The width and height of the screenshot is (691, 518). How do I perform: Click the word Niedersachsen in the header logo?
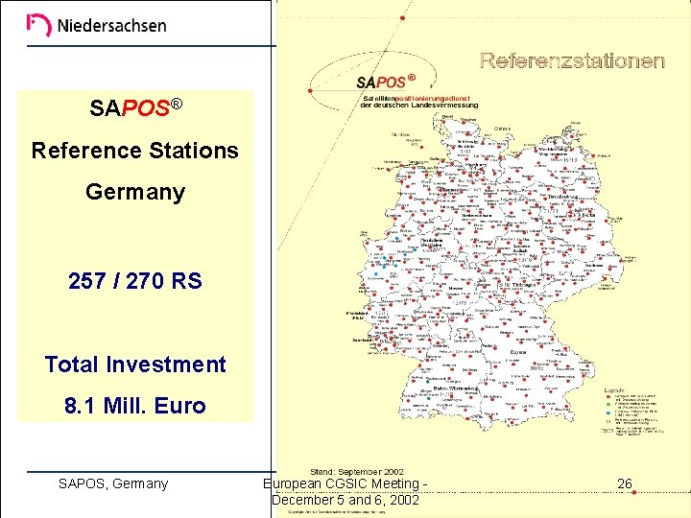pos(111,26)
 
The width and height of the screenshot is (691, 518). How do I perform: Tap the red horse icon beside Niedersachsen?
pos(38,25)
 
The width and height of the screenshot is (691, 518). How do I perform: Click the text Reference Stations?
pos(134,151)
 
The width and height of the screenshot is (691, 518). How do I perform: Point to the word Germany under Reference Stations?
pos(134,192)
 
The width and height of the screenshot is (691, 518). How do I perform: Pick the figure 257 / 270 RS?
pos(134,281)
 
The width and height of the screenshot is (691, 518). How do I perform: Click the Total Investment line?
pos(134,365)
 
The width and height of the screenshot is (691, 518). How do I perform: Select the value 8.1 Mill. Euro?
pos(134,406)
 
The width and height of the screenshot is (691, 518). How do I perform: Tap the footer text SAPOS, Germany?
pos(113,483)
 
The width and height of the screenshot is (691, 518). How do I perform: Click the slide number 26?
pos(624,483)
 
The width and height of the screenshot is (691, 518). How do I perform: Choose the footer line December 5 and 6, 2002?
pos(345,500)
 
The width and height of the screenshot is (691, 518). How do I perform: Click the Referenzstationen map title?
pos(572,61)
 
